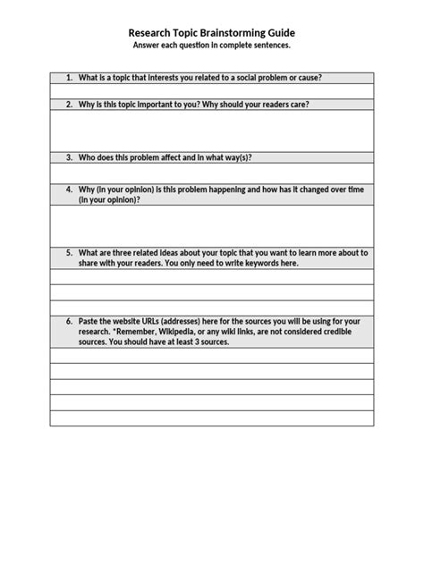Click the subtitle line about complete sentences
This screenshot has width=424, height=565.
pyautogui.click(x=212, y=44)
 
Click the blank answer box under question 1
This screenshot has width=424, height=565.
pyautogui.click(x=212, y=91)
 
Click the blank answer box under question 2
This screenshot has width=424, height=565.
pyautogui.click(x=212, y=131)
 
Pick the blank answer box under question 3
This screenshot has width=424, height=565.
pyautogui.click(x=212, y=173)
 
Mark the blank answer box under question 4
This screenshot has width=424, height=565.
pyautogui.click(x=212, y=225)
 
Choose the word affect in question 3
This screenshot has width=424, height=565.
pyautogui.click(x=175, y=157)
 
